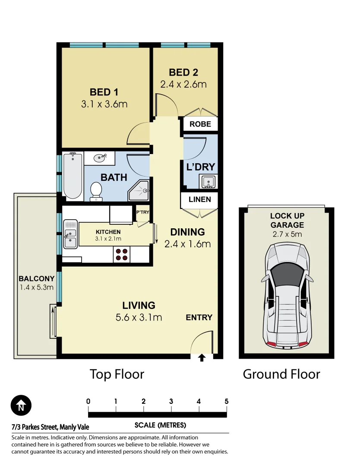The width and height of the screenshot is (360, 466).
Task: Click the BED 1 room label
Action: pos(104,92)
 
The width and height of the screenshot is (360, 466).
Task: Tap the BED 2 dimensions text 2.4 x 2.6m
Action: pos(183,85)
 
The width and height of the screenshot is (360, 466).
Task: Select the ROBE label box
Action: pos(200,124)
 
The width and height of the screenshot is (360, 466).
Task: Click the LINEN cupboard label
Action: pos(200,199)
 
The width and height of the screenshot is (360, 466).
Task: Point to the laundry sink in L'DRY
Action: pos(208,181)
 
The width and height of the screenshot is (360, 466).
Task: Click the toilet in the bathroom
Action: pos(96,191)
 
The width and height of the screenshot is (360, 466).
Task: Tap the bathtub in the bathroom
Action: pos(73,176)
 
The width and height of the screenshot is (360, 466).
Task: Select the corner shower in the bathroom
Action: pos(139,190)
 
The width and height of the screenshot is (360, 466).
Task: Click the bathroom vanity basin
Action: pos(100,158)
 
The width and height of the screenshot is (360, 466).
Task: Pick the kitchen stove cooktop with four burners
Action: pos(122,255)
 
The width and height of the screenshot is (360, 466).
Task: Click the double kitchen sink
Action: pos(70,234)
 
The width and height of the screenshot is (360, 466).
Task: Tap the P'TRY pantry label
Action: pos(143,212)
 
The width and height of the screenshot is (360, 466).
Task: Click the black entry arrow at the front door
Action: pos(202,358)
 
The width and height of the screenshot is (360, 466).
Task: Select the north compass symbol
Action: pos(21,405)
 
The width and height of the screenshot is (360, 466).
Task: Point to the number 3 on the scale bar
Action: pos(171,401)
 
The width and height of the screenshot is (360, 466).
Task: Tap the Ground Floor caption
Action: pos(281,374)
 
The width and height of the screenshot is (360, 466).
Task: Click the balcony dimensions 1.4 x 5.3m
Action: pos(37,287)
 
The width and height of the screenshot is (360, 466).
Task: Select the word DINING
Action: pos(188,232)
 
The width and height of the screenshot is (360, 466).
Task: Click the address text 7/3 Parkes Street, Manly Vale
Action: pos(50,427)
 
